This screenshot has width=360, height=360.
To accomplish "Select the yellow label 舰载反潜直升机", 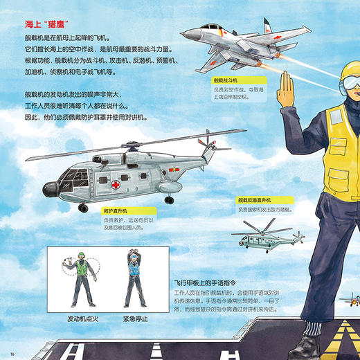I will click(256, 199).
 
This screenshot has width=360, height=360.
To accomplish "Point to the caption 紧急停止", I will click(134, 318).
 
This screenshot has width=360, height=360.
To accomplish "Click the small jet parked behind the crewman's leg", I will click(349, 300).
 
